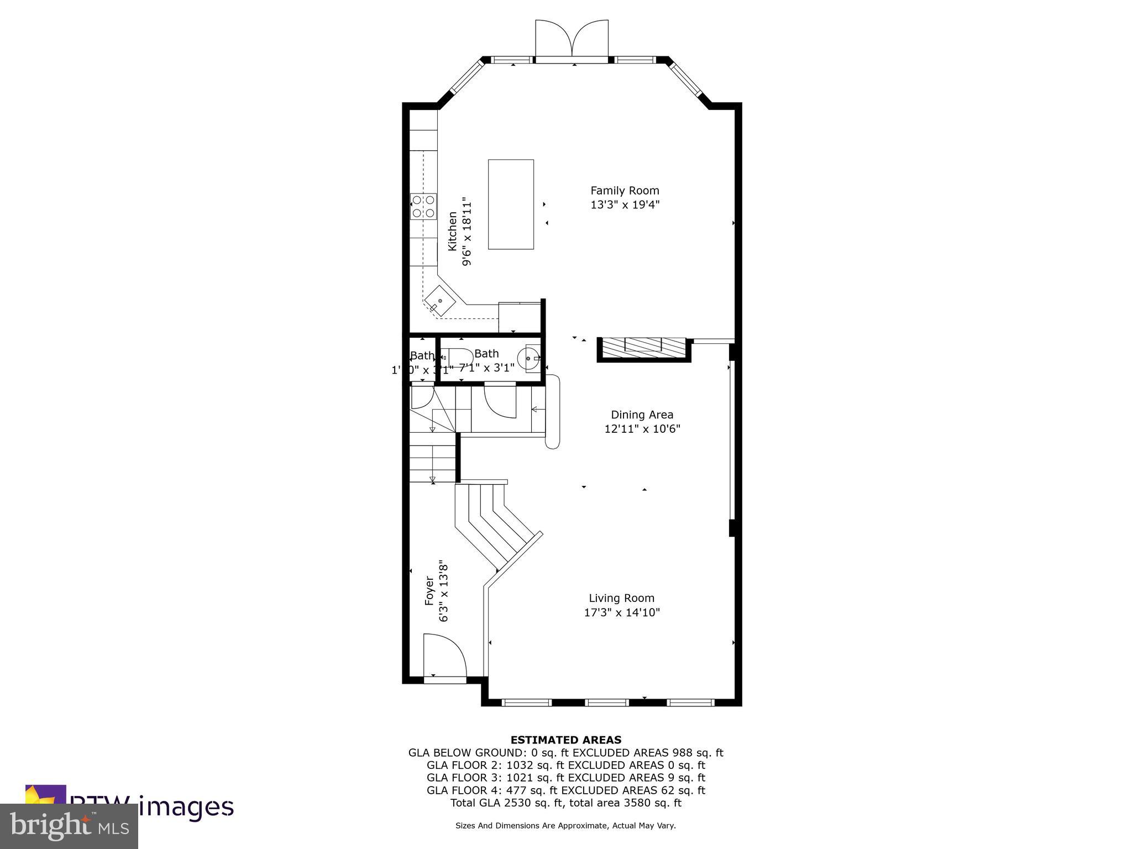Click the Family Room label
click(x=625, y=191)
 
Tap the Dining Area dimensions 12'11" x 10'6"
click(x=642, y=428)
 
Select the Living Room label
click(x=621, y=598)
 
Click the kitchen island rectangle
click(x=511, y=204)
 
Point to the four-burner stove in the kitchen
click(x=423, y=206)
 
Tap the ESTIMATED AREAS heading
click(x=565, y=740)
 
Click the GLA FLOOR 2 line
click(x=565, y=765)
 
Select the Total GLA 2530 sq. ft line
click(x=565, y=803)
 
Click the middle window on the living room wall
click(x=607, y=702)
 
